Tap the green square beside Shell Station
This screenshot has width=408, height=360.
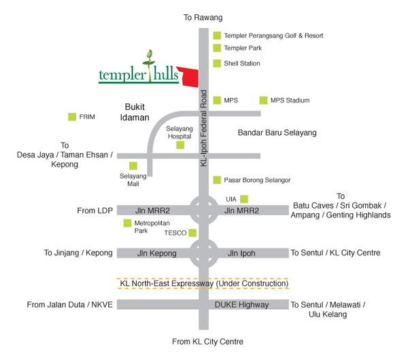pos(217,63)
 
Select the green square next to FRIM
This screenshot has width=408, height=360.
pos(71,117)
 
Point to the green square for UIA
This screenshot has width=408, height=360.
pos(243,198)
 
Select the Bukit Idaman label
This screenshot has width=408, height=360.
pos(141,112)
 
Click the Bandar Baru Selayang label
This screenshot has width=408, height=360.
pos(277,133)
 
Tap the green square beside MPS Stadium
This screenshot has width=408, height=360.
pos(262,101)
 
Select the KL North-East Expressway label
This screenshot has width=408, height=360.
pos(203,283)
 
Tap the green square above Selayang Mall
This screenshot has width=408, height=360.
pos(134,165)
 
